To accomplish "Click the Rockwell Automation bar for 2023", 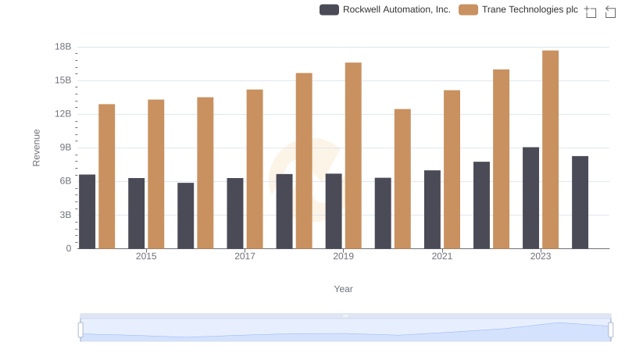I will tap(531, 198).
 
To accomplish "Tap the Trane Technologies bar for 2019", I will tap(353, 155).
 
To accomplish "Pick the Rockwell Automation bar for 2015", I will tap(137, 213).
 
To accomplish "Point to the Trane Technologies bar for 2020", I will tap(402, 179).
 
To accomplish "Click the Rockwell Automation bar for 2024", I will tap(580, 202).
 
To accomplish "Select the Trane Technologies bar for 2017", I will tap(255, 169).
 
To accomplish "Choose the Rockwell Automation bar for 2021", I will tap(433, 209).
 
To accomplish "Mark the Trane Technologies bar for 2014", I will tap(107, 176).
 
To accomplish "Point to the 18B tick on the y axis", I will tap(63, 47).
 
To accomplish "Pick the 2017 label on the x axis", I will tap(245, 256).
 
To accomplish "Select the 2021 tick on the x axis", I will tap(442, 256).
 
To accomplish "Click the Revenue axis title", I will tap(36, 148).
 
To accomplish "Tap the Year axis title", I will tap(344, 289).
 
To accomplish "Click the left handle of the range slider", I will tap(80, 330).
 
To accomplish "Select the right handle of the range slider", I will tap(610, 330).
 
